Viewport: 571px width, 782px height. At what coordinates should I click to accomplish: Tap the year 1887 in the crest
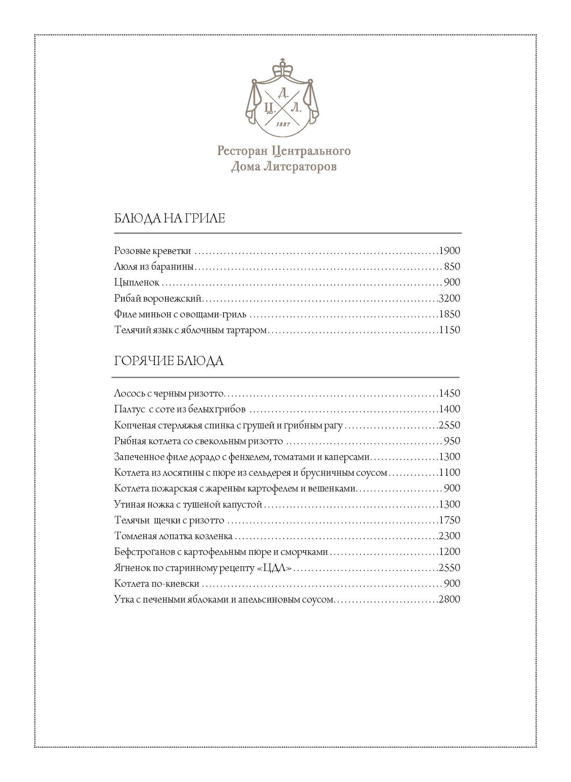coord(283,124)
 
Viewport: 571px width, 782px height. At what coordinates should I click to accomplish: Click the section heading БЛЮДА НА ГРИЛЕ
coord(169,218)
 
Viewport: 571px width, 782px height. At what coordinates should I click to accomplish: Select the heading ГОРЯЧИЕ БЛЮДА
coord(169,361)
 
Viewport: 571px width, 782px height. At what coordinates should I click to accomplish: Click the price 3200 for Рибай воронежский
coord(449,298)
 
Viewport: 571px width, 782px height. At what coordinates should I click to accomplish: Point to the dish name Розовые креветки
coord(152,251)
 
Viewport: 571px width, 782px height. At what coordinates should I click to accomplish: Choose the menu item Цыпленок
coord(136,283)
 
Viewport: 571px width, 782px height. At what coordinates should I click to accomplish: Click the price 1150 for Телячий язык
coord(449,330)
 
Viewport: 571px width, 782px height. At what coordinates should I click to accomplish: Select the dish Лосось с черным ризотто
coord(169,393)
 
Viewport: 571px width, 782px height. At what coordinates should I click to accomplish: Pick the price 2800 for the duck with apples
coord(449,599)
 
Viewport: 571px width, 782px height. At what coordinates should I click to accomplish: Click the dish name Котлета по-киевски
coord(157,583)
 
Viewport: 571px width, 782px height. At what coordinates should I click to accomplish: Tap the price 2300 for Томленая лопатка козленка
coord(449,536)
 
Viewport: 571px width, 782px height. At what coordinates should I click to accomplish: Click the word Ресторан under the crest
coord(243,151)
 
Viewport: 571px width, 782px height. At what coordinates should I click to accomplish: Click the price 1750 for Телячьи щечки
coord(449,520)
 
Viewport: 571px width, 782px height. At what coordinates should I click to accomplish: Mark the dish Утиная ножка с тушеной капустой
coord(188,504)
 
